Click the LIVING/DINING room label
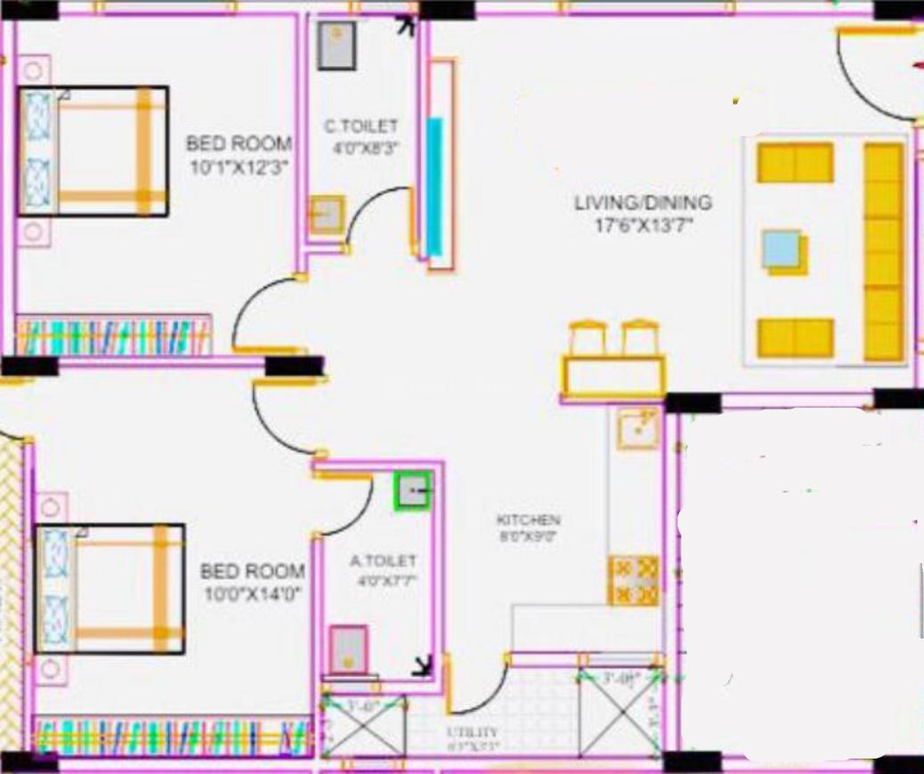643,203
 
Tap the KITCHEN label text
528,520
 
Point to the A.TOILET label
383,561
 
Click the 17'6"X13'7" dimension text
643,225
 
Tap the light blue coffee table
782,250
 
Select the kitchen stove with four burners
634,581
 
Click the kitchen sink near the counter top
638,429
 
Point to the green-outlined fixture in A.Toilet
412,491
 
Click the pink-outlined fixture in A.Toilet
348,649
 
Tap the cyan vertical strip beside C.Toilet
434,187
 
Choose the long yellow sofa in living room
884,252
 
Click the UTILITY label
473,732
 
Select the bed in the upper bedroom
93,151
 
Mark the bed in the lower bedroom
109,588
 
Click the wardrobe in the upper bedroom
114,335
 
